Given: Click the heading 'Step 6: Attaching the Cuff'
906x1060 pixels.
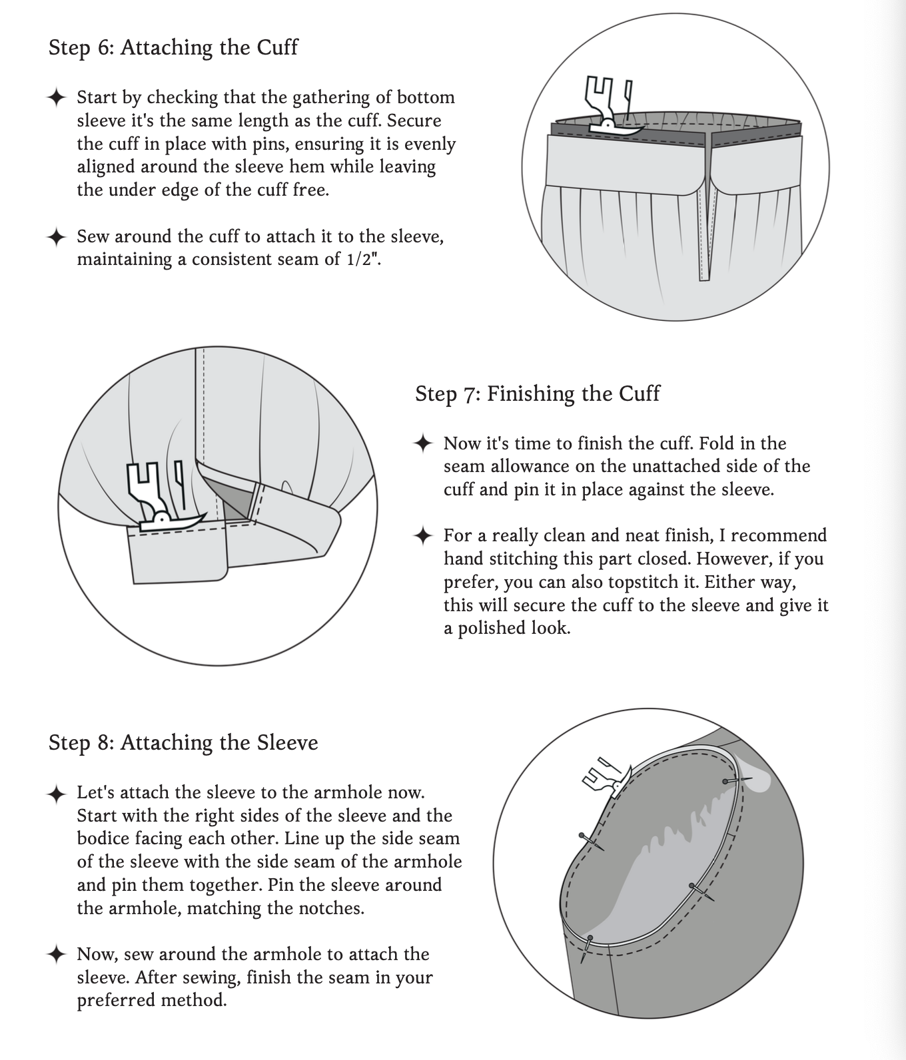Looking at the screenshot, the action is click(x=173, y=48).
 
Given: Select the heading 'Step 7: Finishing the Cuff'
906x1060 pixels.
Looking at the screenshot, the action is click(x=538, y=394).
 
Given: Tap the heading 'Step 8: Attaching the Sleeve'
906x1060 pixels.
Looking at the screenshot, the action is click(x=183, y=742).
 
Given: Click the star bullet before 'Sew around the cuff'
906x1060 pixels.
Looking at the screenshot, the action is click(x=57, y=237).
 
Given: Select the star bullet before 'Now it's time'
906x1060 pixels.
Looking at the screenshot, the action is click(x=424, y=443).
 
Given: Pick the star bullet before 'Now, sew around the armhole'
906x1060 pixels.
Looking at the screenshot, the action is click(x=57, y=954).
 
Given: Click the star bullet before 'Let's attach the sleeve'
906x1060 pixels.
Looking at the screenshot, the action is click(x=57, y=793).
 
